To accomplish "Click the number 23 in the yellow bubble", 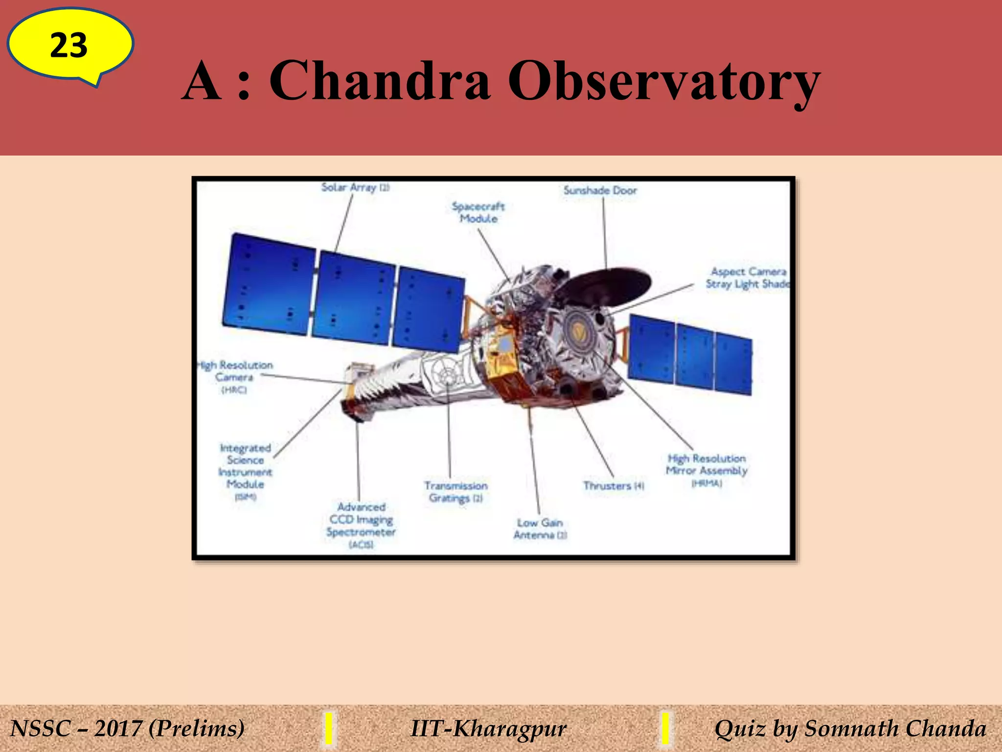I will point(68,46).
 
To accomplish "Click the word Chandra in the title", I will point(379,81).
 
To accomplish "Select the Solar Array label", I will point(355,188).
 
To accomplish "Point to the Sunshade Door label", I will point(600,190).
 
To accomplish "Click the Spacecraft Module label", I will point(478,212).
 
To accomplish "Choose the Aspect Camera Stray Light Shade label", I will point(748,278).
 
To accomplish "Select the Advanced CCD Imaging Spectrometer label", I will point(361,525).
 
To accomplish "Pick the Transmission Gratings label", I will point(455,492).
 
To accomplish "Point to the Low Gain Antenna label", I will point(540,529).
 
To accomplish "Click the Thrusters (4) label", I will point(613,486).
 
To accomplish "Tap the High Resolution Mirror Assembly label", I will point(706,470).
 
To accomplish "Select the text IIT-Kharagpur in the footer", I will point(488,728).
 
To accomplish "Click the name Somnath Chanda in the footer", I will point(895,728).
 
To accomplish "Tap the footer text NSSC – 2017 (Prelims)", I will point(127,728).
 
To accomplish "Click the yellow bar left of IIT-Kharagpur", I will point(329,728).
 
